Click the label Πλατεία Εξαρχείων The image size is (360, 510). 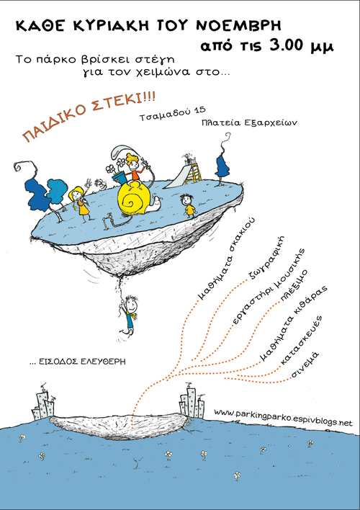(249, 123)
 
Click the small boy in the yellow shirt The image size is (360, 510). (189, 205)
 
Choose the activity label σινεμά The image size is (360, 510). (305, 364)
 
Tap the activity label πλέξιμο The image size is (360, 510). (294, 285)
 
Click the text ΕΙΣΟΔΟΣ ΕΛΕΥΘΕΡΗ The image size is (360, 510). (77, 362)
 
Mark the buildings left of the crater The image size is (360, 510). (43, 403)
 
